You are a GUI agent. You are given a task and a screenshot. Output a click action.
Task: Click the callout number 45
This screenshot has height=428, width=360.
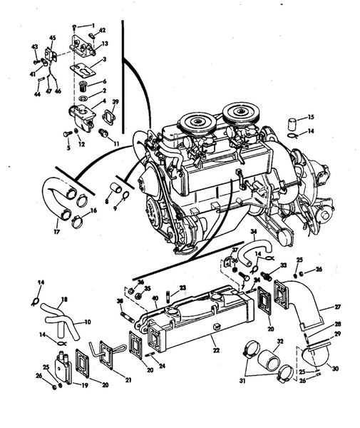[x=51, y=38]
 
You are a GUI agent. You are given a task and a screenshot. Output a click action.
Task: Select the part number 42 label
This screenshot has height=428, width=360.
[x=102, y=30]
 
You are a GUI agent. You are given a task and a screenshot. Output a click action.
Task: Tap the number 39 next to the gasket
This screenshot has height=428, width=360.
[x=115, y=103]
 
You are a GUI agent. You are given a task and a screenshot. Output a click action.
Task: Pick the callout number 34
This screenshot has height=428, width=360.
[x=253, y=232]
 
